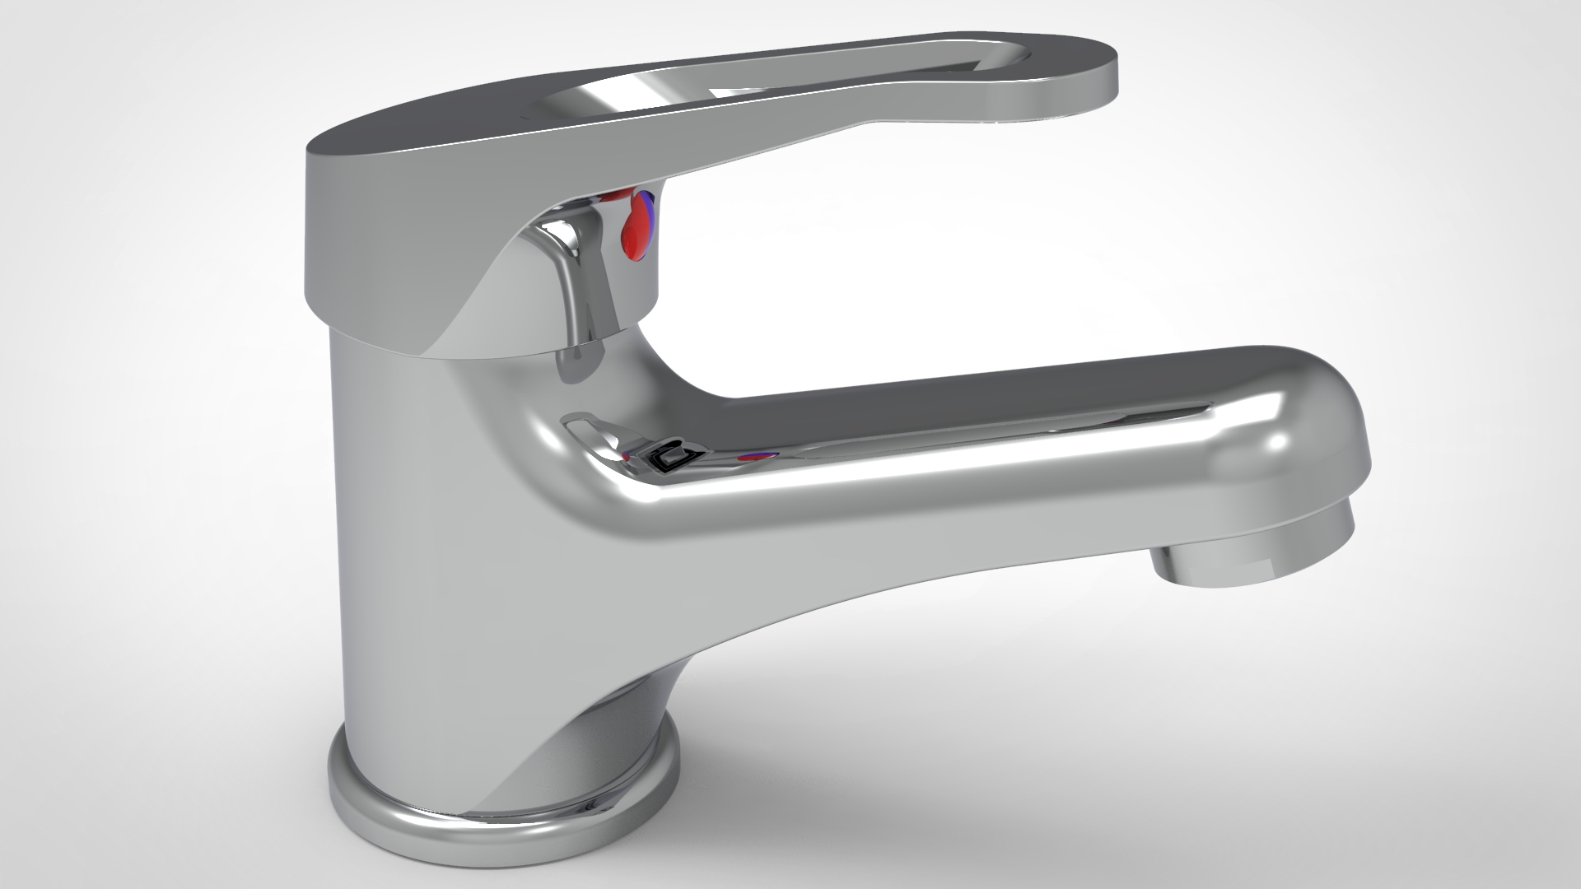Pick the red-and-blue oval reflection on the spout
click(x=758, y=456)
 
